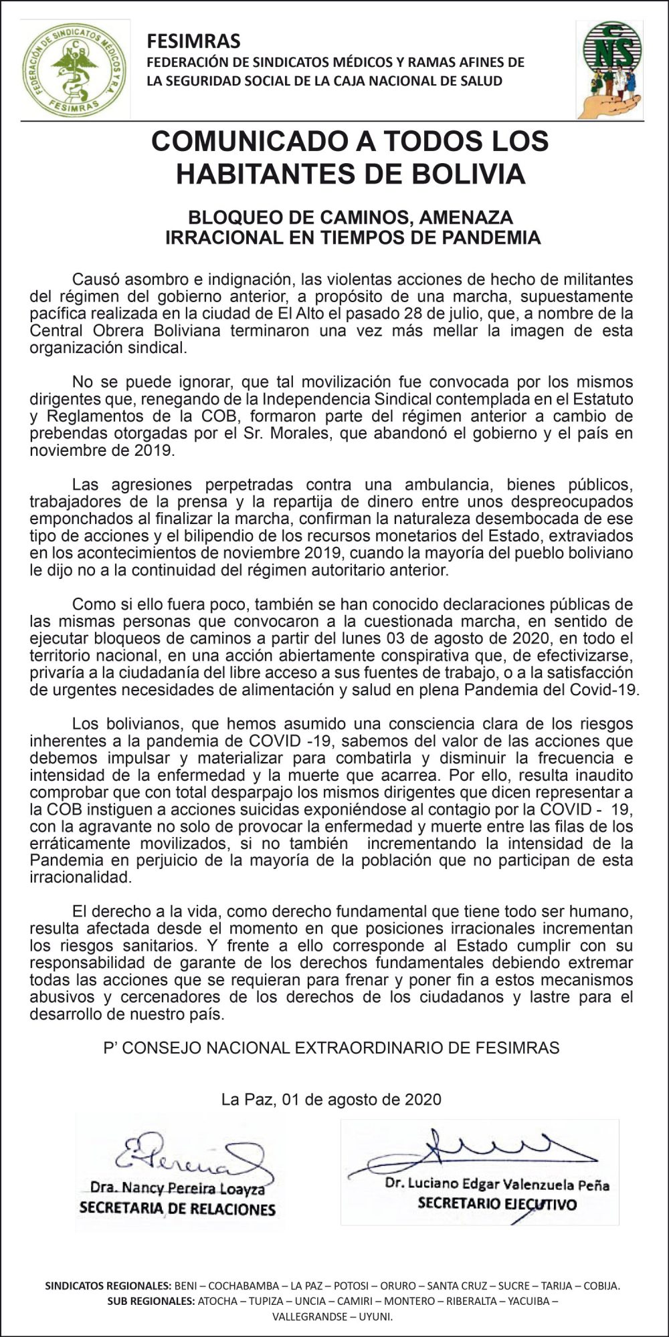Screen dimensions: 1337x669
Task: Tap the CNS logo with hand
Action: (611, 68)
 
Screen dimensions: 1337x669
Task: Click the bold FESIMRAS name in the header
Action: (193, 41)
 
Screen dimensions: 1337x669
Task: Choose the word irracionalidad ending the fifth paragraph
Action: (80, 877)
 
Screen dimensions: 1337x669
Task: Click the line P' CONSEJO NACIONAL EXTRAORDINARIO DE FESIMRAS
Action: (331, 1048)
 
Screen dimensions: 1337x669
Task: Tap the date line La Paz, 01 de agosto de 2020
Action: (331, 1100)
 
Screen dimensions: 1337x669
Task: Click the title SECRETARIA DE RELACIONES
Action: (177, 1208)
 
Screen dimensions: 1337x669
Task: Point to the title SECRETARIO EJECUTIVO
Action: (496, 1203)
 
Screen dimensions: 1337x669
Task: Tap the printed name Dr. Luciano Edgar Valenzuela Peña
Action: (496, 1184)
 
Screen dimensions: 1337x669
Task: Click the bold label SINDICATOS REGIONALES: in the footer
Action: (107, 1285)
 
